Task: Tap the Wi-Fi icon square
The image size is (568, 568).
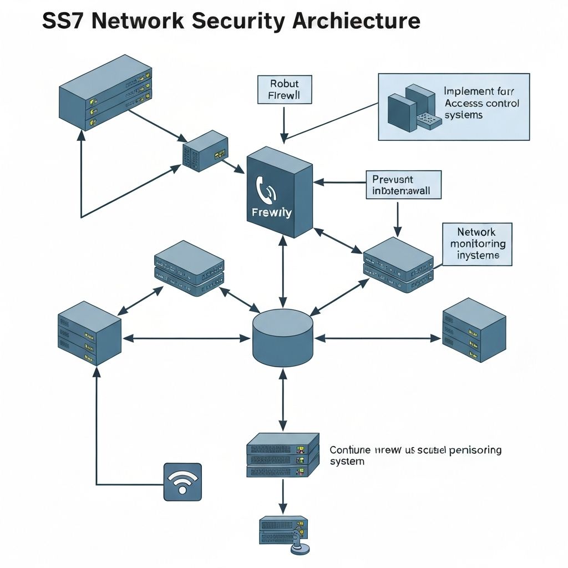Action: [182, 482]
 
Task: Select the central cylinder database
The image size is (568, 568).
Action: [282, 338]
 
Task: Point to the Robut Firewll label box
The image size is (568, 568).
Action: [285, 90]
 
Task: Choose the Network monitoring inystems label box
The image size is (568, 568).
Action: [477, 244]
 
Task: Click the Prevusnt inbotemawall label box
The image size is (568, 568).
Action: [403, 185]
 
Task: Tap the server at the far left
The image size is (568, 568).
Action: [89, 333]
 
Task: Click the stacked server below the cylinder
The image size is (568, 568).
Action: [283, 455]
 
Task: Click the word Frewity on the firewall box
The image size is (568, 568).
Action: [271, 212]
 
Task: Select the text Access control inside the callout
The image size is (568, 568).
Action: [482, 103]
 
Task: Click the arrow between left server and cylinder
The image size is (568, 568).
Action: [186, 338]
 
